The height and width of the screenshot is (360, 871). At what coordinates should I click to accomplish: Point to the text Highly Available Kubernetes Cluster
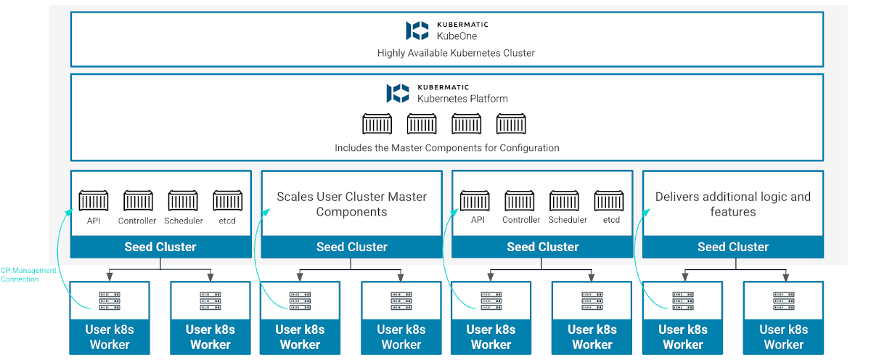456,53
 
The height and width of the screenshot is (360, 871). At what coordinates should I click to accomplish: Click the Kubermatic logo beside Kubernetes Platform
398,93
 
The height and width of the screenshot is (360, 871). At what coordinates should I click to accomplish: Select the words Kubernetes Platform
462,99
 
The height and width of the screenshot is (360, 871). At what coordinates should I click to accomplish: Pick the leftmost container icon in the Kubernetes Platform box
377,124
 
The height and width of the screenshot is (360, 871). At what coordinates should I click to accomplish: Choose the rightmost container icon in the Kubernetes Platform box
511,124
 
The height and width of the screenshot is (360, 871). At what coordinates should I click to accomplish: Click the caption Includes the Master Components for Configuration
446,147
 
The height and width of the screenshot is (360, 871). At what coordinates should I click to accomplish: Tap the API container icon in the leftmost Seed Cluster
94,201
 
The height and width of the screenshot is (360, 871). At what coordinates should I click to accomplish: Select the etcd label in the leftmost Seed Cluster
227,221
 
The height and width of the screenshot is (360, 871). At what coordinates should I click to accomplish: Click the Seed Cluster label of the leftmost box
160,247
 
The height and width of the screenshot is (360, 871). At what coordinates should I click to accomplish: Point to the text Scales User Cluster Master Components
351,204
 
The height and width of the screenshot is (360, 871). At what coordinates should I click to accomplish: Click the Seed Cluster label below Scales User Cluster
351,247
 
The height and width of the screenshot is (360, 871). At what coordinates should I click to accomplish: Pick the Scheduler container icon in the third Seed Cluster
564,201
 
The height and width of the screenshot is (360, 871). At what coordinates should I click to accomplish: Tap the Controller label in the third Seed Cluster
521,220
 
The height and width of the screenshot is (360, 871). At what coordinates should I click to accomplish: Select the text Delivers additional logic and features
733,204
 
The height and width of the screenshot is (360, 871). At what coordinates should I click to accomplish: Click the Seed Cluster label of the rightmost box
733,247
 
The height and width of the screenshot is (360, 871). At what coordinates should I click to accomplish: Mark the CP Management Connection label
28,274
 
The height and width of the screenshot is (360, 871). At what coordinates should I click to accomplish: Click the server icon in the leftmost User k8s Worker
109,301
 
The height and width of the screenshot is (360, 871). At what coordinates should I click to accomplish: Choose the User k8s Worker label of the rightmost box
783,337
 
